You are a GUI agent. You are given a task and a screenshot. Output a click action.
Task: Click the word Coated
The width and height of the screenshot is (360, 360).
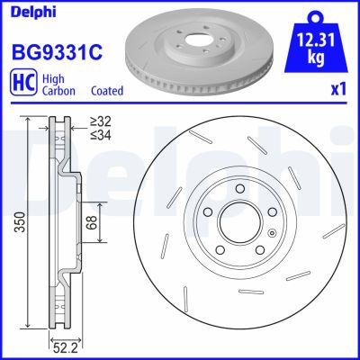108,91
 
